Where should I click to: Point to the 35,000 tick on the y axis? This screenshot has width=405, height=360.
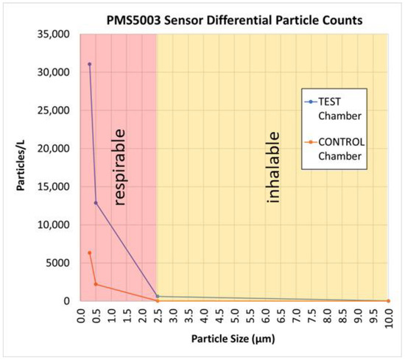[56, 35]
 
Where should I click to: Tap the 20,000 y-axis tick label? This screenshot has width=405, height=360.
[56, 149]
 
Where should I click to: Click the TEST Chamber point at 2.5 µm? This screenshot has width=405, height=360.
[158, 296]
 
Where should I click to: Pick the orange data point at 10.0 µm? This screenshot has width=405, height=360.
[388, 300]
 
